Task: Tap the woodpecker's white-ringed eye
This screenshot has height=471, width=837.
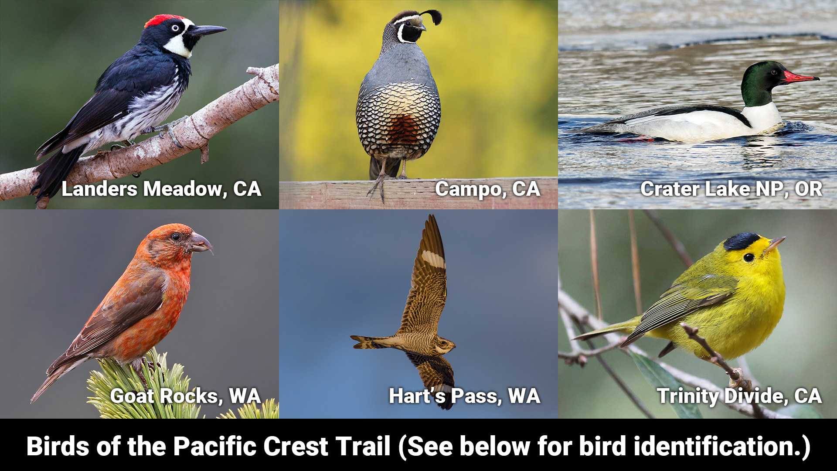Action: (x=175, y=28)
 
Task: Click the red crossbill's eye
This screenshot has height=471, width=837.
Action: (x=176, y=237)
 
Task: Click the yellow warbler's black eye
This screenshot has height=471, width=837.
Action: (x=749, y=257)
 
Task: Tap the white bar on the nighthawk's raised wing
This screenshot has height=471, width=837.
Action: (x=433, y=259)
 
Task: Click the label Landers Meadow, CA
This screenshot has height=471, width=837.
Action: (x=161, y=189)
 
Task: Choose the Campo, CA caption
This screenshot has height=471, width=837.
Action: (x=488, y=189)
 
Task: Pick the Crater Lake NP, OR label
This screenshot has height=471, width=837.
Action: (x=731, y=189)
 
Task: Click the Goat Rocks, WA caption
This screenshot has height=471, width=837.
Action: (x=185, y=396)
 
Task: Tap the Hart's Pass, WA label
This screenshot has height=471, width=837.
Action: (x=464, y=396)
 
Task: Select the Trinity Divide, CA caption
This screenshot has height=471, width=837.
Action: (x=739, y=396)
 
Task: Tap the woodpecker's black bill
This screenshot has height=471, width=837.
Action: (x=208, y=31)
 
